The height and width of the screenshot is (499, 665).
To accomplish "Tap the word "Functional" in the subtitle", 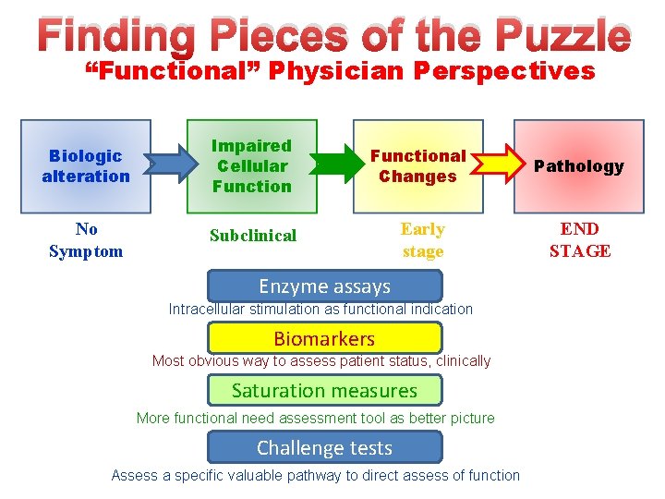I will (x=166, y=71).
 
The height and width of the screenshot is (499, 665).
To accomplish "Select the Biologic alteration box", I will (x=86, y=166).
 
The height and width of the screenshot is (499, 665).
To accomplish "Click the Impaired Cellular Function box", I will (x=251, y=166).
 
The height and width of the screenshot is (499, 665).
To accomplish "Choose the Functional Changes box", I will (x=418, y=166).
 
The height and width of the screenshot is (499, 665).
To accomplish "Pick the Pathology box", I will (x=579, y=166).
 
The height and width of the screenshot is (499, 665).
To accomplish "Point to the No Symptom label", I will (x=86, y=240).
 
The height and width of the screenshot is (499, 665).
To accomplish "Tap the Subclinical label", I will (x=253, y=236).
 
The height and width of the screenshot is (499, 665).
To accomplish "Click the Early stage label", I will (x=423, y=240).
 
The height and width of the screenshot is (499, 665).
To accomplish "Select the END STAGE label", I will (x=580, y=240).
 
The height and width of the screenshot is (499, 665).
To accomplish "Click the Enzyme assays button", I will (x=324, y=286).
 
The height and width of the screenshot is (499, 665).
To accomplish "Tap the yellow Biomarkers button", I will (x=324, y=338).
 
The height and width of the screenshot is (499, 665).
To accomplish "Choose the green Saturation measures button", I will (x=324, y=390).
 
